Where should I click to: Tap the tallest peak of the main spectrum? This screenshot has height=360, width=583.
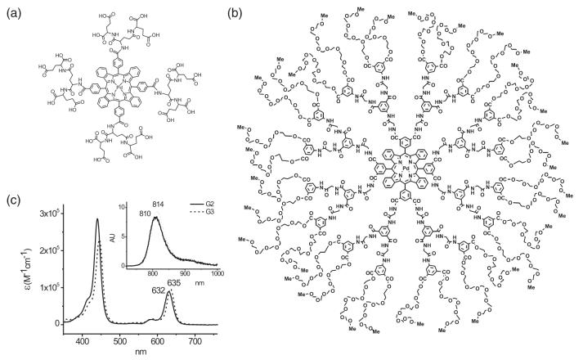97,219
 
